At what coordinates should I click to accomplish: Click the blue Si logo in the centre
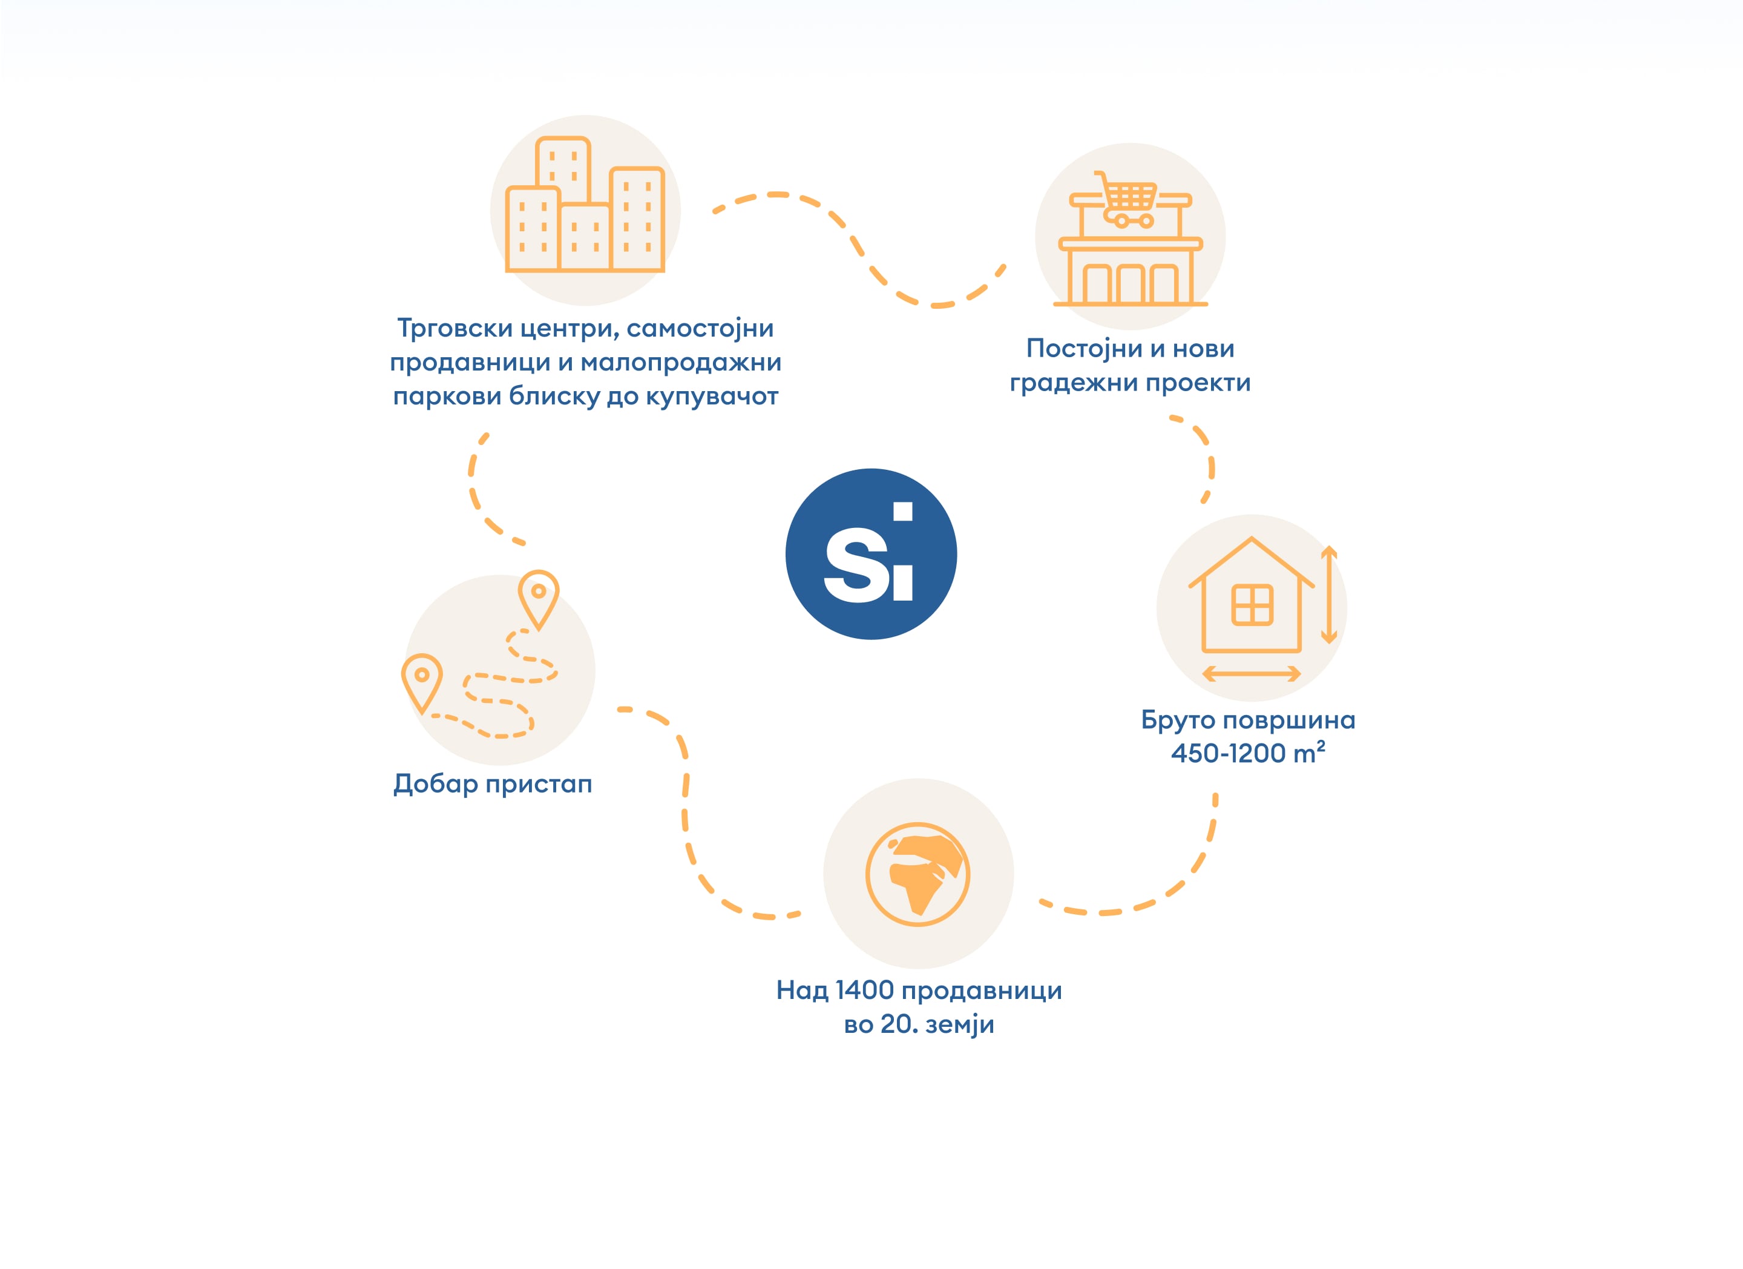(871, 553)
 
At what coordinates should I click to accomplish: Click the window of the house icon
(1252, 605)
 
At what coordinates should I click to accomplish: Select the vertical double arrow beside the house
(1329, 594)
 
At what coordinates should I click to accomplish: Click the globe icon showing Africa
(917, 875)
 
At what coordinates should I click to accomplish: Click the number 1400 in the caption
(864, 990)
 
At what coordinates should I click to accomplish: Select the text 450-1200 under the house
(1228, 753)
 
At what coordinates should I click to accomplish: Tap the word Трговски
(455, 329)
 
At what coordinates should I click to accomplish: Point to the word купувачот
(712, 397)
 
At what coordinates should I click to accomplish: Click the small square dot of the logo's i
(903, 511)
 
